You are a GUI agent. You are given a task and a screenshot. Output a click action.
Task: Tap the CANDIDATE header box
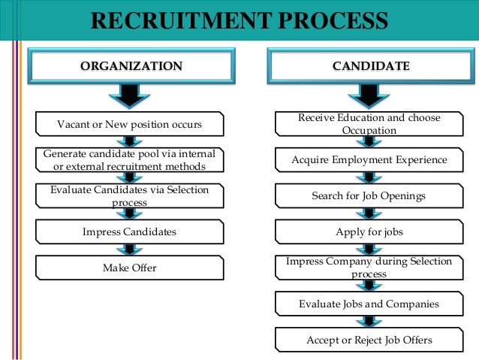coord(371,66)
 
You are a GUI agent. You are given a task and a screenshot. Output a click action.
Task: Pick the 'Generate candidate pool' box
coord(130,159)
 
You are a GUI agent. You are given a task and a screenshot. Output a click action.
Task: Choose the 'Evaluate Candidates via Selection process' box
coord(130,196)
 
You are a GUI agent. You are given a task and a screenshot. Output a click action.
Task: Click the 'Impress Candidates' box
coord(130,231)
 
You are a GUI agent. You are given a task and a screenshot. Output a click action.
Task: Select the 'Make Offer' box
coord(130,268)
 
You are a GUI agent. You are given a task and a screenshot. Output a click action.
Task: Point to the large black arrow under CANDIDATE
coord(370,94)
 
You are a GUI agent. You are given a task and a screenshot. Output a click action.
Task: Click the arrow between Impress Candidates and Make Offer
coord(130,250)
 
